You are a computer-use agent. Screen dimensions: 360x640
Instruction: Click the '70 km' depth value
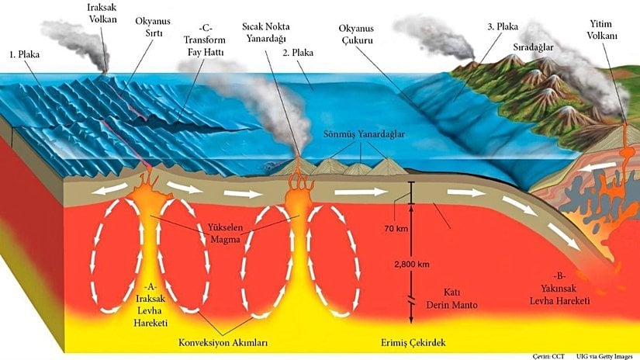[x=396, y=230]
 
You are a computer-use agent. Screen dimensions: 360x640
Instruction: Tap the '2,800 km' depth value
[x=412, y=265]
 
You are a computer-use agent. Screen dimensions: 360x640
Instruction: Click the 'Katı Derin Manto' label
[x=449, y=299]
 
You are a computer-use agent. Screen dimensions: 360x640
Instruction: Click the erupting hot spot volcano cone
[x=299, y=165]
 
